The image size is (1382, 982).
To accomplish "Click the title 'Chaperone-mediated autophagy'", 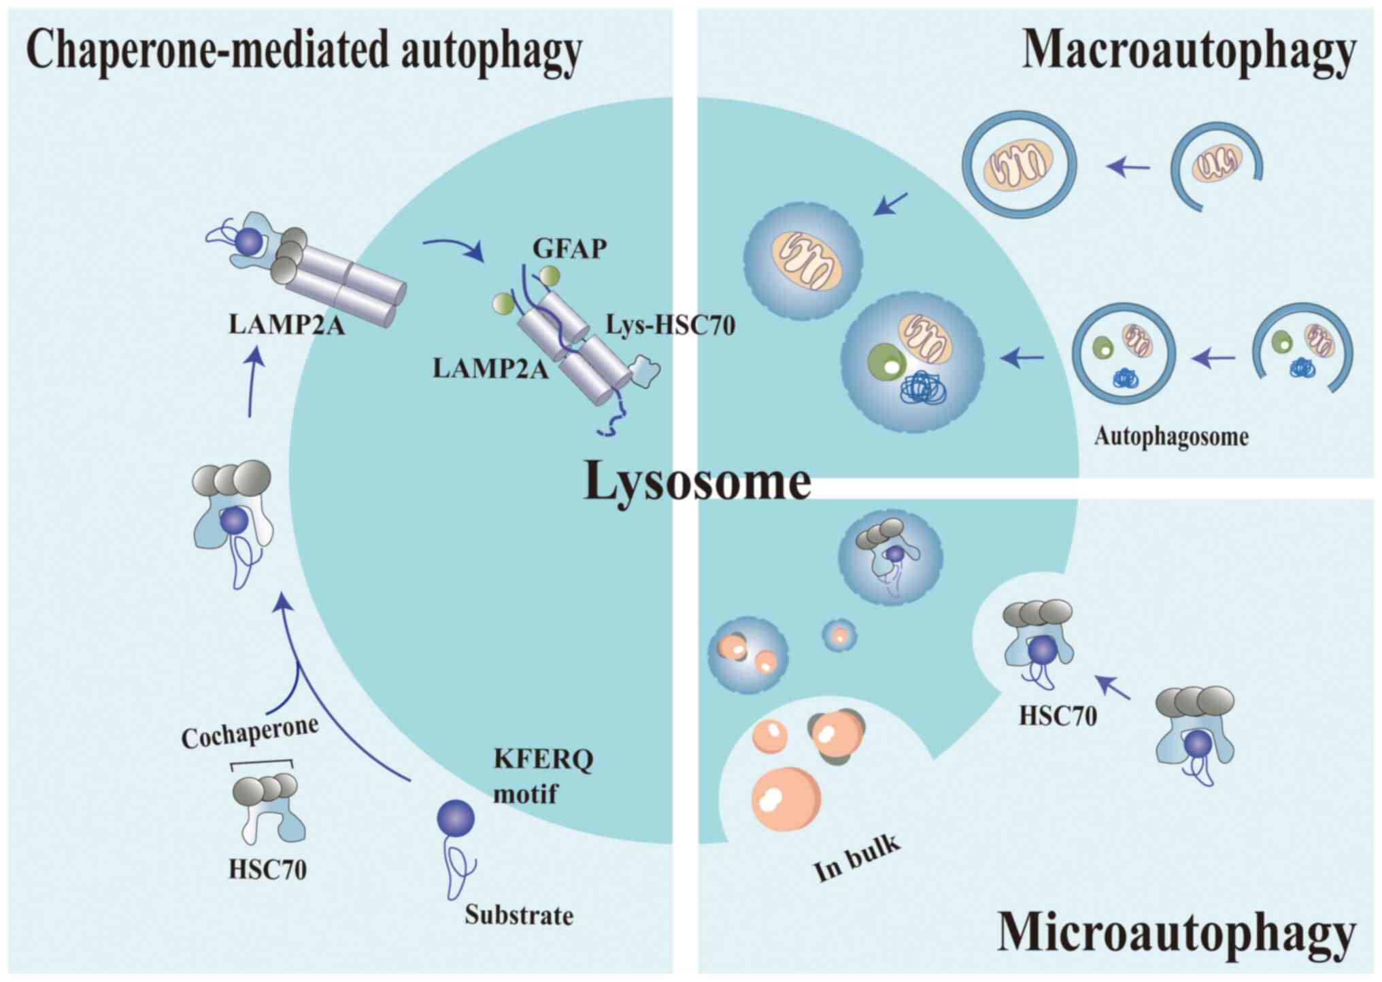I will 304,51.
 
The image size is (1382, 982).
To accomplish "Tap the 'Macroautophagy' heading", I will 1188,51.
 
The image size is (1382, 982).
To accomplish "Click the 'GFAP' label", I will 569,249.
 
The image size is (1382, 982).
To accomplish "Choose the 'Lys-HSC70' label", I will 671,326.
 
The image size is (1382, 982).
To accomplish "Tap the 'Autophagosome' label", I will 1171,436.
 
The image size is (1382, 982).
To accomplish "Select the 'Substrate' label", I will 519,915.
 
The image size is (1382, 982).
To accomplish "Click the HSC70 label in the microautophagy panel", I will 1058,715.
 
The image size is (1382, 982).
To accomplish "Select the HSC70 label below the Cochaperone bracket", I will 267,869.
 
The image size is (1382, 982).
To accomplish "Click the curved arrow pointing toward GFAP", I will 453,248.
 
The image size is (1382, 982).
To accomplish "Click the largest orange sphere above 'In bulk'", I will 786,798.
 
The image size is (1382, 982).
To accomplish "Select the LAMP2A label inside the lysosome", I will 490,369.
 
